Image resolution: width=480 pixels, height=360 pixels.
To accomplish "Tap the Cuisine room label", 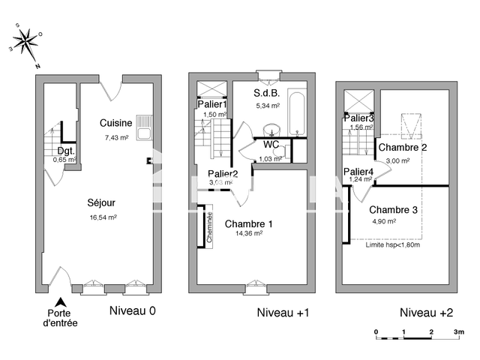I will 116,123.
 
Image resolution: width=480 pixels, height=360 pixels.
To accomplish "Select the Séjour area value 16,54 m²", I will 103,217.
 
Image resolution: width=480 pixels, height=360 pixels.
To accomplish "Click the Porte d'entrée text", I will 61,318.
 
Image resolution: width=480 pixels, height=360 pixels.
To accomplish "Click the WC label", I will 271,144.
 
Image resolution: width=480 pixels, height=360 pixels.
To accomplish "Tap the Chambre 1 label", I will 248,223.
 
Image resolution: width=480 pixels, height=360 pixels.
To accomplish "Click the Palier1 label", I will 211,105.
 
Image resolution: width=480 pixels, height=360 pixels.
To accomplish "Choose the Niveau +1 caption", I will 283,312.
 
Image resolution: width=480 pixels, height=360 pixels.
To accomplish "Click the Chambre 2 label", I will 403,148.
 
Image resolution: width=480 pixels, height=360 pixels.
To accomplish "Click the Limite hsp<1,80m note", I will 392,244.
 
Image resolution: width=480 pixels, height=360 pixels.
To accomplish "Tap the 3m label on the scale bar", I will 459,331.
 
